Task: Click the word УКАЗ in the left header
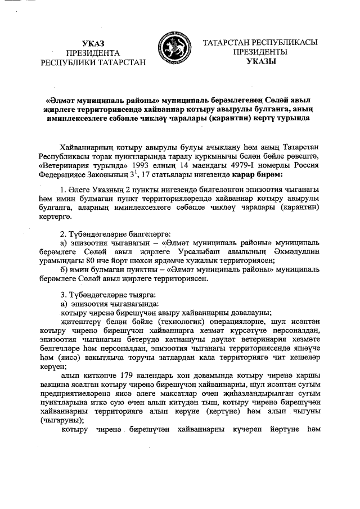tap(93, 43)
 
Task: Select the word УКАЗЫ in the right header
tap(261, 62)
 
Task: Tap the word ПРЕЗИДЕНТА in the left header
tap(93, 52)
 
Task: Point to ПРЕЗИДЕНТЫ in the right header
tap(261, 52)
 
